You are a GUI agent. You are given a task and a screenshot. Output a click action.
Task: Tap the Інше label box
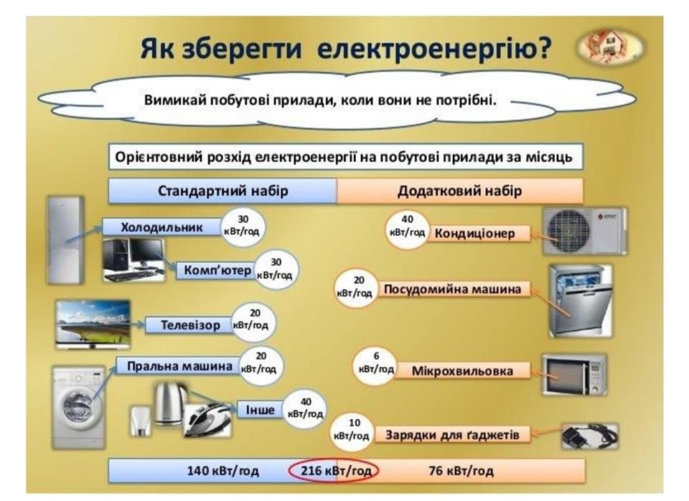click(x=260, y=410)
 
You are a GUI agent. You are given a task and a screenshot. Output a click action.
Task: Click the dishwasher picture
click(x=580, y=300)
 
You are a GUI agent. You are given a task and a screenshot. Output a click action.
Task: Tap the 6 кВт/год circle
click(x=376, y=364)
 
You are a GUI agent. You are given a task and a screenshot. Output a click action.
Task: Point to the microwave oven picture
click(x=574, y=374)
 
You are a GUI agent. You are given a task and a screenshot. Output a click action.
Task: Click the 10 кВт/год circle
click(x=351, y=430)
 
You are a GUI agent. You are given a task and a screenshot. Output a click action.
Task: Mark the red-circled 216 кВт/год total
click(x=334, y=471)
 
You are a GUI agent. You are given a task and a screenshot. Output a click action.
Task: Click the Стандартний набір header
click(x=222, y=192)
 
